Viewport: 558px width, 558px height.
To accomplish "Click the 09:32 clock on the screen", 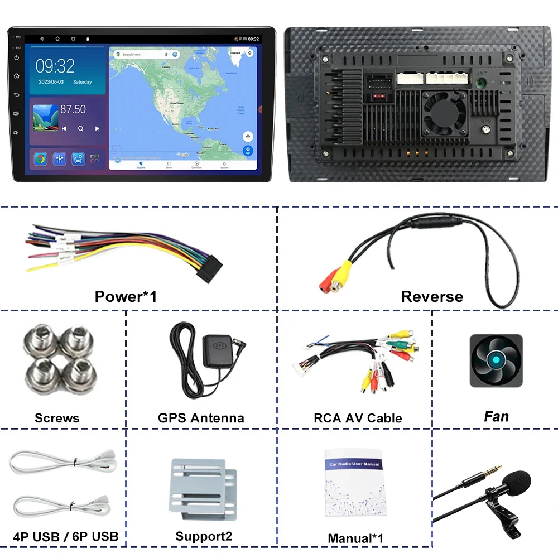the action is pyautogui.click(x=55, y=66).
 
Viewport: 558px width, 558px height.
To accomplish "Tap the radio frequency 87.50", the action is pyautogui.click(x=73, y=110).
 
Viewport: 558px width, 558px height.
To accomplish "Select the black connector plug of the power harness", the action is pyautogui.click(x=209, y=263).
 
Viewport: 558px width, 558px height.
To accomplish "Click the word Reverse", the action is pyautogui.click(x=432, y=296).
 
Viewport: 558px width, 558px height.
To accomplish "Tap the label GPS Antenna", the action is pyautogui.click(x=201, y=418).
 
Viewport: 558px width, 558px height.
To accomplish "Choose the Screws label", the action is pyautogui.click(x=57, y=418).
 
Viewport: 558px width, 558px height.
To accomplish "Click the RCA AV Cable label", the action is pyautogui.click(x=358, y=418).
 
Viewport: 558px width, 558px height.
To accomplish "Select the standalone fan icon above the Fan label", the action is pyautogui.click(x=496, y=360).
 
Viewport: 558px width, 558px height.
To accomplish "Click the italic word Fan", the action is pyautogui.click(x=496, y=416).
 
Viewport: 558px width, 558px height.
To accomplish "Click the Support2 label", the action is pyautogui.click(x=204, y=536).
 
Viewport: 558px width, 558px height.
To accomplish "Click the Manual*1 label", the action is pyautogui.click(x=355, y=538).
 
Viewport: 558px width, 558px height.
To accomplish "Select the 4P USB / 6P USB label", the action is pyautogui.click(x=66, y=537).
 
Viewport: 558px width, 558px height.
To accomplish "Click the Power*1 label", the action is pyautogui.click(x=126, y=296).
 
